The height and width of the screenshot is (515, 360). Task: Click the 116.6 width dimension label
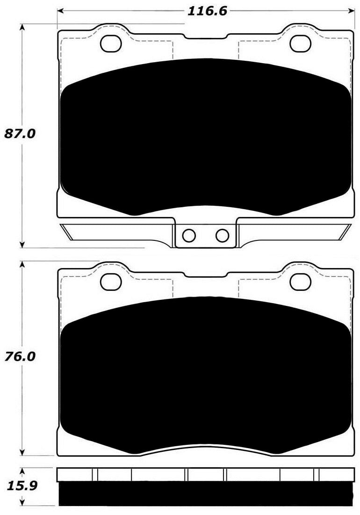pyautogui.click(x=207, y=12)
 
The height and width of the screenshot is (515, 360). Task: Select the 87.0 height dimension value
pyautogui.click(x=20, y=134)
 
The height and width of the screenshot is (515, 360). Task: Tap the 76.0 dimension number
pyautogui.click(x=20, y=356)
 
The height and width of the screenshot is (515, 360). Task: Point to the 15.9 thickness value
pyautogui.click(x=19, y=486)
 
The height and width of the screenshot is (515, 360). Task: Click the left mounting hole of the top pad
pyautogui.click(x=111, y=44)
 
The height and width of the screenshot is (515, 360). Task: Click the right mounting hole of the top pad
pyautogui.click(x=300, y=44)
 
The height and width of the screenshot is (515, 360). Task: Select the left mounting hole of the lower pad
pyautogui.click(x=111, y=282)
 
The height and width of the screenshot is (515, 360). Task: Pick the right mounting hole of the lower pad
pyautogui.click(x=300, y=282)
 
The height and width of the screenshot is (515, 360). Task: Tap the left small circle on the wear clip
pyautogui.click(x=189, y=235)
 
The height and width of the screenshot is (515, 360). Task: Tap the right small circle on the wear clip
pyautogui.click(x=222, y=235)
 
